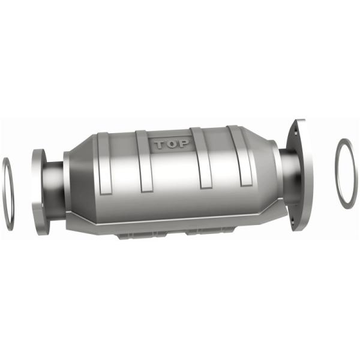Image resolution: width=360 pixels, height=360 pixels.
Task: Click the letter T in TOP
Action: click(160, 145)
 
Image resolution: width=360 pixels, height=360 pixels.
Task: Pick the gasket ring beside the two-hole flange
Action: click(346, 174)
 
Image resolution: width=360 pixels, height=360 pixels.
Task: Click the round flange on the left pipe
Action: click(40, 190)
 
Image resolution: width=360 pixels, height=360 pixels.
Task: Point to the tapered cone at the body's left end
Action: click(75, 180)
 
